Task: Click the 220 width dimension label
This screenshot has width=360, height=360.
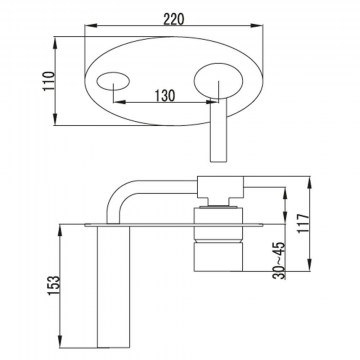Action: pos(173,19)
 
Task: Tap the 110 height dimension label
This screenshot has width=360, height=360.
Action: pos(49,81)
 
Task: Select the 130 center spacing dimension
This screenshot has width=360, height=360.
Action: pos(165,96)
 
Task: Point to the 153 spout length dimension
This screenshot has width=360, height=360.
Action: pos(54,285)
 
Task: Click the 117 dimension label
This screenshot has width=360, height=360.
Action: pos(304,223)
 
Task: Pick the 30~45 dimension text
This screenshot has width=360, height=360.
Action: pos(279,260)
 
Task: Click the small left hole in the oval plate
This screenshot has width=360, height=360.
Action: pos(113,81)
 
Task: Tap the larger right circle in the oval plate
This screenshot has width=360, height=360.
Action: pos(218,81)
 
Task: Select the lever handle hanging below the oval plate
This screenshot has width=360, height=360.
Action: pos(218,130)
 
